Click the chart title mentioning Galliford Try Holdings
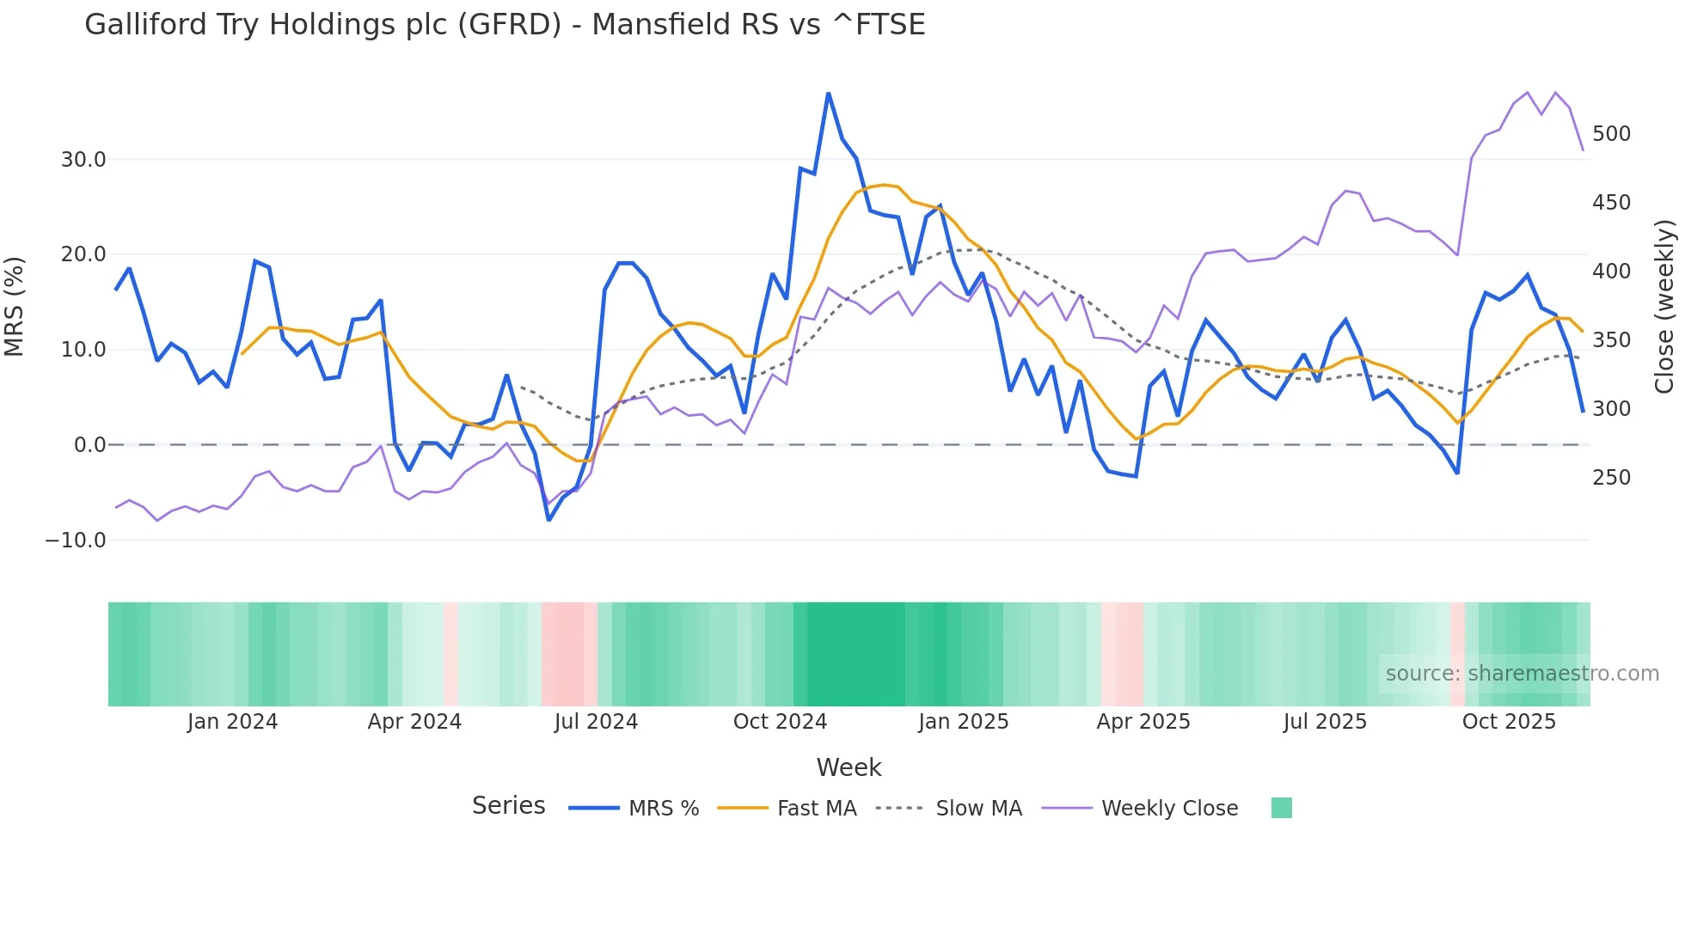[505, 25]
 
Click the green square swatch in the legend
[1281, 808]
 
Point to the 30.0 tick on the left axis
[83, 160]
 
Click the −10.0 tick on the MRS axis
[76, 541]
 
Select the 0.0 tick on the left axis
[89, 445]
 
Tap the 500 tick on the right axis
[1611, 134]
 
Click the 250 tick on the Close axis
[1611, 478]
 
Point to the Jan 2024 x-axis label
[232, 722]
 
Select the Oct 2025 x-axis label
[1509, 722]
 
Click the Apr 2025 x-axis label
[1143, 722]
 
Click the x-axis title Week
[849, 767]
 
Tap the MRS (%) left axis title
[15, 307]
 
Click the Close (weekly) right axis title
[1664, 307]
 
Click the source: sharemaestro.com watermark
[1522, 674]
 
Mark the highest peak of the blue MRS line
[828, 93]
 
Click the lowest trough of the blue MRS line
[548, 520]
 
